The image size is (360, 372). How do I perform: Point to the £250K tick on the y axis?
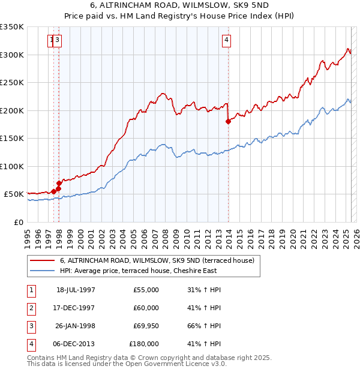point(12,82)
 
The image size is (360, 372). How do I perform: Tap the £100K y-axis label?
point(12,166)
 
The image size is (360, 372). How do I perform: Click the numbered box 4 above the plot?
point(227,41)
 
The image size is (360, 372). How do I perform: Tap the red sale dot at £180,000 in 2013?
point(228,121)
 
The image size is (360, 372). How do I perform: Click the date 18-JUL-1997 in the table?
point(76,290)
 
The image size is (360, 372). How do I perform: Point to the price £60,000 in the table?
point(146,308)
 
